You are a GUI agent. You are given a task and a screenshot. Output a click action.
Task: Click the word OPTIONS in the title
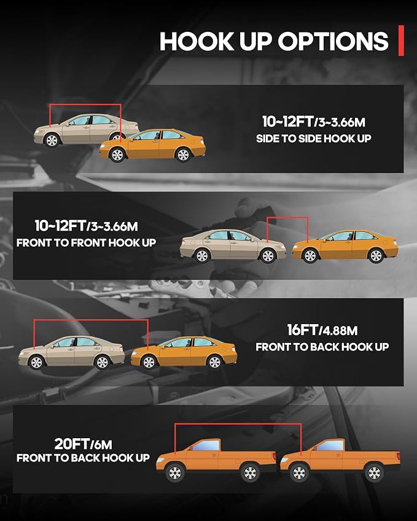tap(333, 41)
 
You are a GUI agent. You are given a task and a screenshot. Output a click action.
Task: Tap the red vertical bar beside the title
tap(402, 41)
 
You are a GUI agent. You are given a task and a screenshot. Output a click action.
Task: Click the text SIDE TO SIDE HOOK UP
tap(313, 139)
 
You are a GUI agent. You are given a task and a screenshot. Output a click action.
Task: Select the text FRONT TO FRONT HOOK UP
tap(86, 242)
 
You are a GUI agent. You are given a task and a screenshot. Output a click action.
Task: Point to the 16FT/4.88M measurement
tap(322, 330)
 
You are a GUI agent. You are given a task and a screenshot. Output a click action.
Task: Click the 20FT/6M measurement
tap(83, 444)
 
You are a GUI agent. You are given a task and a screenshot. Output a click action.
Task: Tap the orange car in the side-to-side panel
tap(153, 145)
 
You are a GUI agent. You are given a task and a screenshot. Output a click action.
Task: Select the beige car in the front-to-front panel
tap(233, 246)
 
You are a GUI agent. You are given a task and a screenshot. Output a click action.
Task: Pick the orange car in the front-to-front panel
tap(345, 246)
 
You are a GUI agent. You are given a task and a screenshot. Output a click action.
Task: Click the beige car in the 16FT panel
tap(71, 352)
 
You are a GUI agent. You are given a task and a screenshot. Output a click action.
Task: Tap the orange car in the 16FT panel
tap(184, 352)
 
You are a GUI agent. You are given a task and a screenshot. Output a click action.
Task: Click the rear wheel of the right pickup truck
tap(374, 473)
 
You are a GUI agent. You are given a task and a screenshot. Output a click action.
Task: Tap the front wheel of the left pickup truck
tap(175, 473)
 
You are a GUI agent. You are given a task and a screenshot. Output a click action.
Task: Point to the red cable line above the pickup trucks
tap(238, 424)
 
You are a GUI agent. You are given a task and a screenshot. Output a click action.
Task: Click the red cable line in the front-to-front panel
tap(287, 218)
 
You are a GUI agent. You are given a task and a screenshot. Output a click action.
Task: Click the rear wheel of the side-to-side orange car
tap(183, 155)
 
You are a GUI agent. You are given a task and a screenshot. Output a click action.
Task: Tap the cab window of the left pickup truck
tap(206, 446)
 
